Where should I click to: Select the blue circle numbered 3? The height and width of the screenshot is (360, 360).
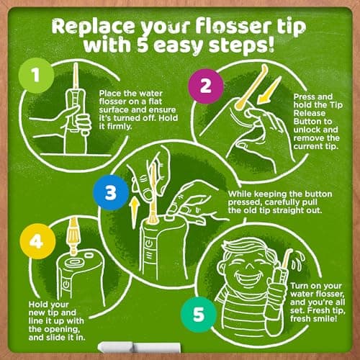click(108, 192)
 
